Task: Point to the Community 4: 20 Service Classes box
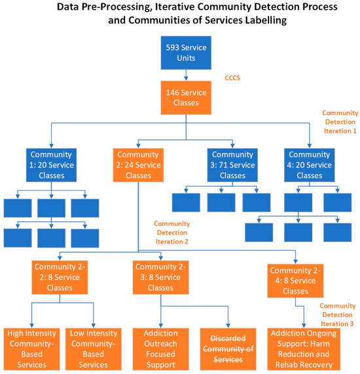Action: (309, 164)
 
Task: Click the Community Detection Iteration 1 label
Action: (340, 122)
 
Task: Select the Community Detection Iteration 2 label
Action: (171, 233)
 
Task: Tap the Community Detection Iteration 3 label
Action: (338, 314)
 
